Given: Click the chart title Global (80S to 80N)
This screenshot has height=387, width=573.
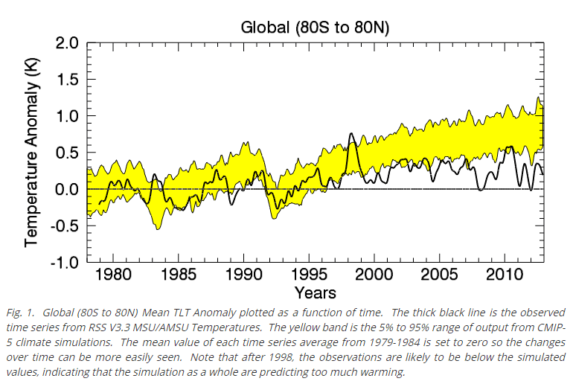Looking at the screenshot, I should pos(316,28).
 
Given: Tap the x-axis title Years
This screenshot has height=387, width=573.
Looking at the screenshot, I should pos(314,292).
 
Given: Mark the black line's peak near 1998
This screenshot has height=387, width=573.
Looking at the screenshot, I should pos(351,135).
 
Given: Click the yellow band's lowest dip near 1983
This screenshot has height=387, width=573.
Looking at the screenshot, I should pos(158,228).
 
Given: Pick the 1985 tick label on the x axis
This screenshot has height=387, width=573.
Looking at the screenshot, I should pos(179,275).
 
